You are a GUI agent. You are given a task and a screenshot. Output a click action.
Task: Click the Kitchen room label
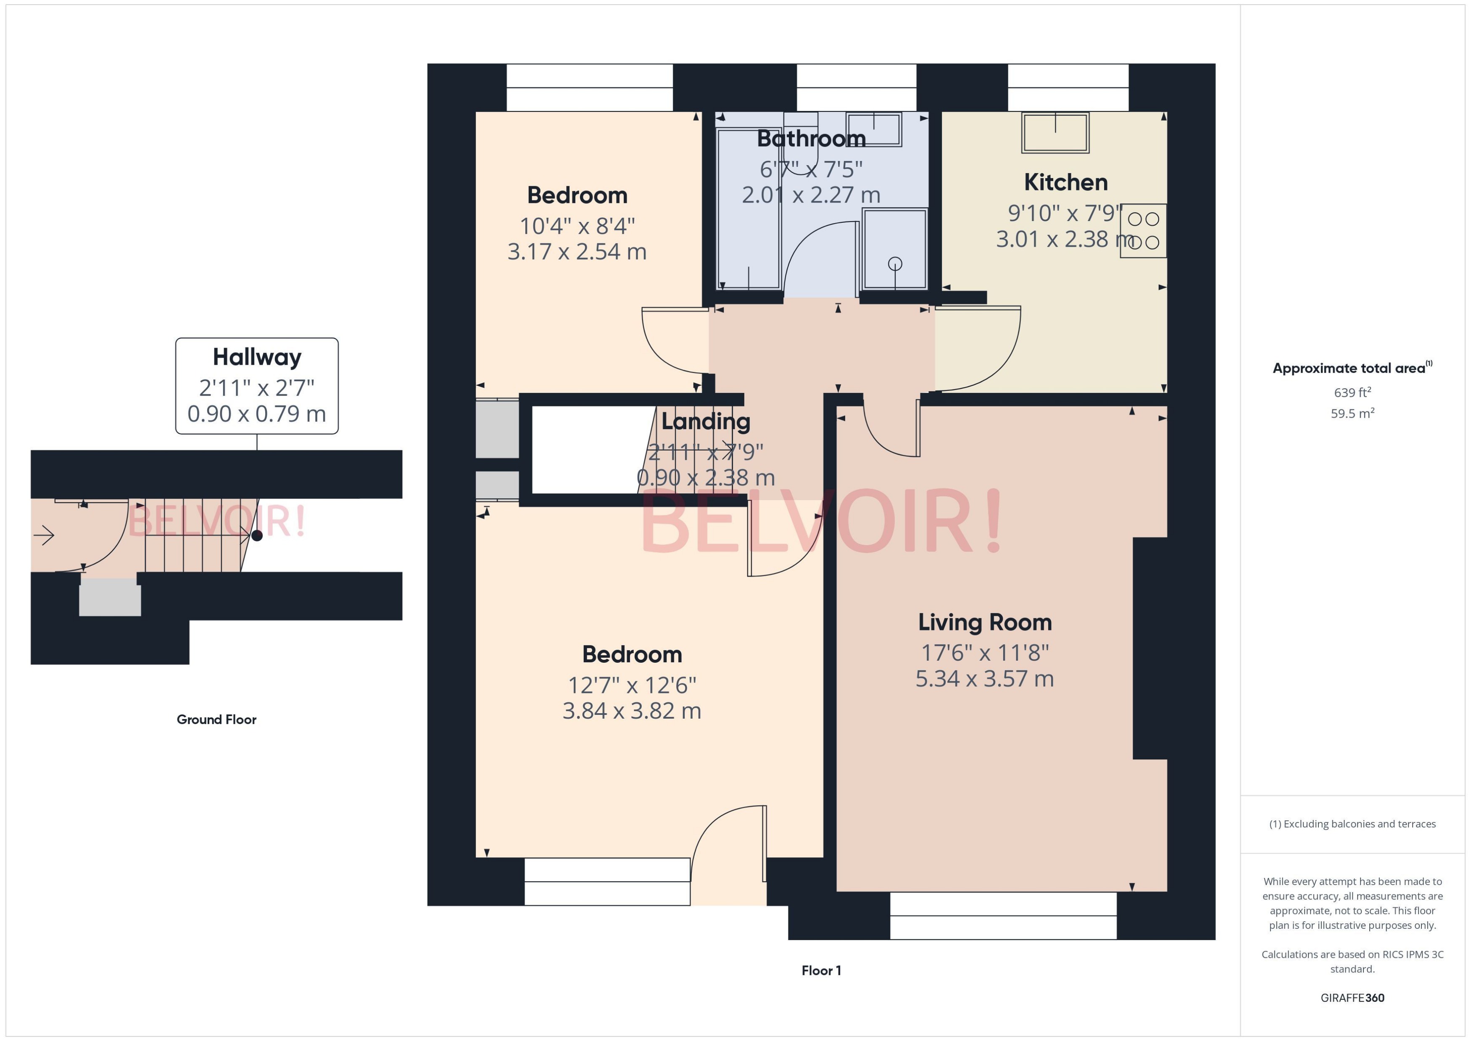coord(1065,183)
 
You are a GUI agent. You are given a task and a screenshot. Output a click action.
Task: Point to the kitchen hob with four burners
coord(1143,231)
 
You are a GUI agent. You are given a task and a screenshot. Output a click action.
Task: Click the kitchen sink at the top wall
coord(1055,133)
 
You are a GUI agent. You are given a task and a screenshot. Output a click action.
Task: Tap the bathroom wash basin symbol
coord(874,129)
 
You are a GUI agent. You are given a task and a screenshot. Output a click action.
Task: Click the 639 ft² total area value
coord(1352,392)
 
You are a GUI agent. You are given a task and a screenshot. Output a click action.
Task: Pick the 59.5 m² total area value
coord(1352,414)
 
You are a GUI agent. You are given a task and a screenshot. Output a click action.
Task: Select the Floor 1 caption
coord(821,970)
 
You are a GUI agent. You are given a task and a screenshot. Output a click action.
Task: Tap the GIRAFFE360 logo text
coord(1352,998)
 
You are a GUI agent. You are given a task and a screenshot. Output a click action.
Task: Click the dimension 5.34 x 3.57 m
coord(984,679)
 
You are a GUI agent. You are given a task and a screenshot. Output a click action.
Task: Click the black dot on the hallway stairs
coord(257,536)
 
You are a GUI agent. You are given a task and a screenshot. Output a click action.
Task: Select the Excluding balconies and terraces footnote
coord(1352,824)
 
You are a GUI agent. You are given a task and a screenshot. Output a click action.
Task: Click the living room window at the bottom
coord(1003,916)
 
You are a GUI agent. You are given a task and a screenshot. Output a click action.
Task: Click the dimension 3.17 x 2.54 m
coord(577,252)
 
